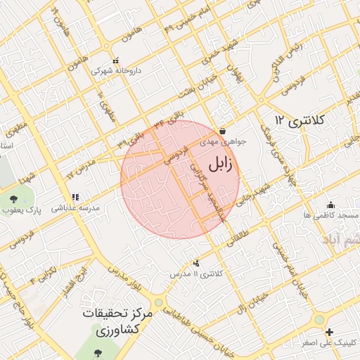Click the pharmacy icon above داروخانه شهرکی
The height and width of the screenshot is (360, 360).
116,60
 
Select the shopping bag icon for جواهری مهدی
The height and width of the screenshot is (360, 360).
222,130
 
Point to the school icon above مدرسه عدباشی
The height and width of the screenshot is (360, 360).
75,198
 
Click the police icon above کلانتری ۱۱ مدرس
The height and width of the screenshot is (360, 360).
196,263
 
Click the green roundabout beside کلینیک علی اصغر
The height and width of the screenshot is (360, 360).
319,319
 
